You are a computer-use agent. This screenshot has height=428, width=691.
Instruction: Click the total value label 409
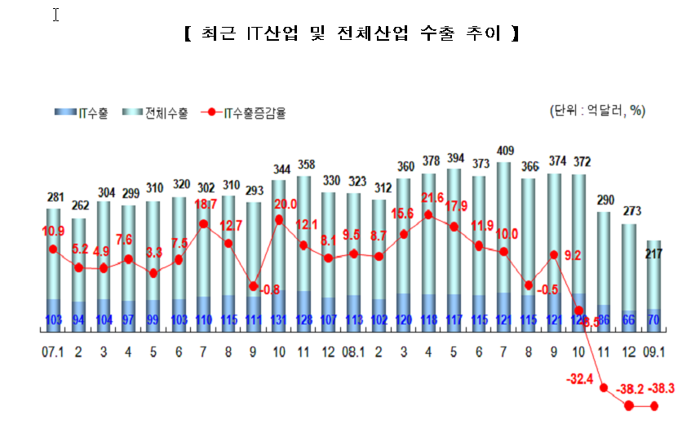[505, 150]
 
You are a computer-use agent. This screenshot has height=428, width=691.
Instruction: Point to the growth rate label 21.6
[430, 199]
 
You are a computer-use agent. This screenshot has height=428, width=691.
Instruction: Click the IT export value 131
[280, 320]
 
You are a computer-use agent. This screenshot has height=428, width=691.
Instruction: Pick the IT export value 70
[654, 320]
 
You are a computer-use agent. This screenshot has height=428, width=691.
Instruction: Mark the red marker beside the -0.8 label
[254, 286]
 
